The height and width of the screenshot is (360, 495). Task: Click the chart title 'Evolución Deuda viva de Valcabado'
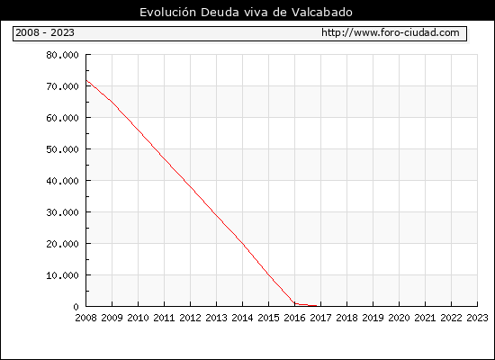[246, 12]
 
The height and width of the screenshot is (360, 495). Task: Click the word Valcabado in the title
[321, 12]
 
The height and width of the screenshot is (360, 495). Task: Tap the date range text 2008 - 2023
[45, 32]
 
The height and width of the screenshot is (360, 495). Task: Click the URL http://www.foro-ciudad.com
[391, 32]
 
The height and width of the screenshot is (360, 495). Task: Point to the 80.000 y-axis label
[62, 55]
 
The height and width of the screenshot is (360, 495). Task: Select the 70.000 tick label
[62, 86]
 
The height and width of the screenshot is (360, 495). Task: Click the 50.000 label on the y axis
[62, 149]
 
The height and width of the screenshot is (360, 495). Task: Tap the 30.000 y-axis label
[62, 212]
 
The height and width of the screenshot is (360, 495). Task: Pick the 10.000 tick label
[62, 275]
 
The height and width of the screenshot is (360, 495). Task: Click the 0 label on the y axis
[76, 307]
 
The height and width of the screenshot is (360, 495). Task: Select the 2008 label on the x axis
[85, 318]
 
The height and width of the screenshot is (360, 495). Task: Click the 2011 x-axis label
[164, 318]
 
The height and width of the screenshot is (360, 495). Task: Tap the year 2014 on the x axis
[242, 318]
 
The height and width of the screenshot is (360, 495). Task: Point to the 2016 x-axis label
[294, 318]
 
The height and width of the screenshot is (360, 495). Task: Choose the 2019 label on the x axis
[373, 318]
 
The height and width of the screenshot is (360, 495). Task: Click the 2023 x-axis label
[477, 318]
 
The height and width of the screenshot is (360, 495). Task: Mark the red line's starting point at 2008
[86, 80]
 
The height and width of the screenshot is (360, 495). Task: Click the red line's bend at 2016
[294, 303]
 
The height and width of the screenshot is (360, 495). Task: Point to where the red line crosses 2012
[191, 186]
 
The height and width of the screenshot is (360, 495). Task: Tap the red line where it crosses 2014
[242, 243]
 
